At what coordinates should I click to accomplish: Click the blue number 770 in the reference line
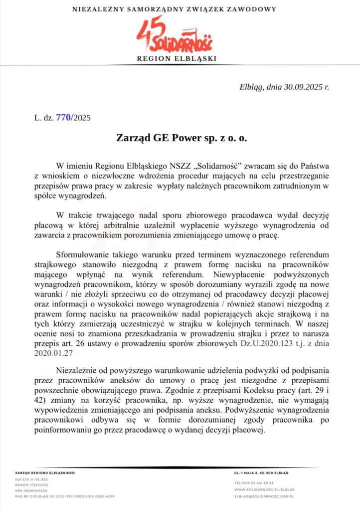tap(64, 118)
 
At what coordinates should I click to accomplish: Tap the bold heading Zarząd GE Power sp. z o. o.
tap(181, 137)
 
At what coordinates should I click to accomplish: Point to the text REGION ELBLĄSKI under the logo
tap(180, 59)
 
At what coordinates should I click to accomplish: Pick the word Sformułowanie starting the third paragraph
tap(84, 253)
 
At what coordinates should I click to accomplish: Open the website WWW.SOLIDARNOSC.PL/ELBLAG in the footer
tap(264, 490)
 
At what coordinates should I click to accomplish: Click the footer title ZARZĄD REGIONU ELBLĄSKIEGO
tap(45, 472)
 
